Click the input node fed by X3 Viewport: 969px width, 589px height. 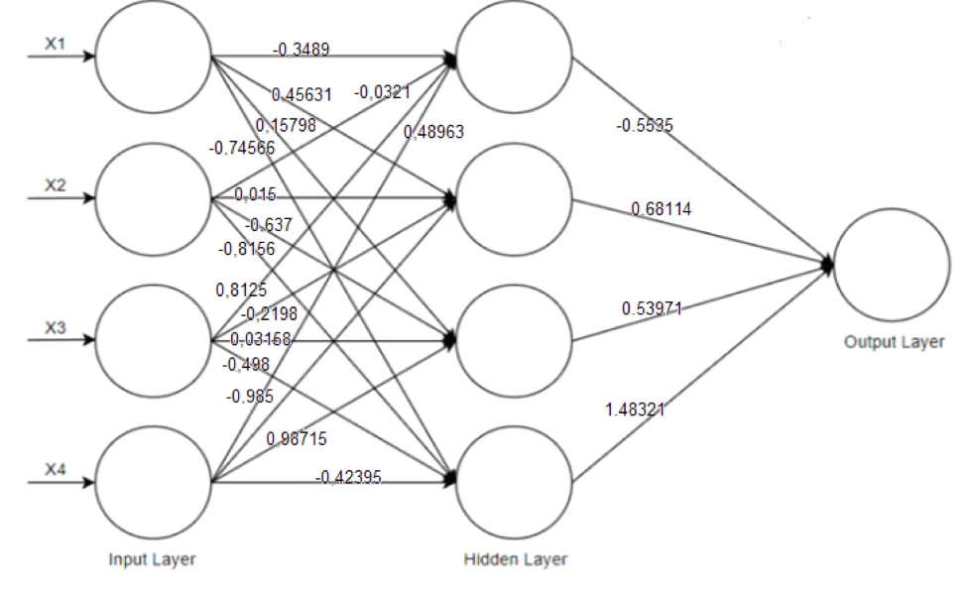pos(153,340)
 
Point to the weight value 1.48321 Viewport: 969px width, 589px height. pos(635,408)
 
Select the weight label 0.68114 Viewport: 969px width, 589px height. pos(661,209)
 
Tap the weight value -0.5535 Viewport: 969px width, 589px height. pos(645,126)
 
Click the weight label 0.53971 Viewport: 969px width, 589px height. pos(652,308)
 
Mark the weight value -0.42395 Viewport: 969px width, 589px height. pos(348,478)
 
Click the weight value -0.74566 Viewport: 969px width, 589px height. pos(242,149)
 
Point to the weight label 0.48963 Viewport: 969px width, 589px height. pos(433,131)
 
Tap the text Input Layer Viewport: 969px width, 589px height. pos(152,560)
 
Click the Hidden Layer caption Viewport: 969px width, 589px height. pos(515,560)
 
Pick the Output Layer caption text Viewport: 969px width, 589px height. pos(894,342)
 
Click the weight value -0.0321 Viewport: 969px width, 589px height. pos(382,92)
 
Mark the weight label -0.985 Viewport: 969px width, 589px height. pos(250,396)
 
